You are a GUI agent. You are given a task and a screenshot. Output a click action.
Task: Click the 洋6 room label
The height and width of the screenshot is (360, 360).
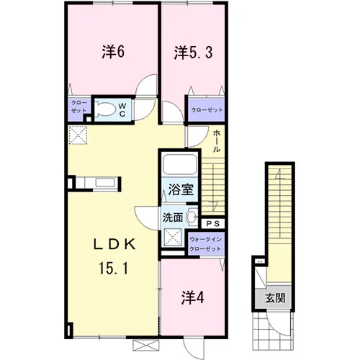click(x=113, y=52)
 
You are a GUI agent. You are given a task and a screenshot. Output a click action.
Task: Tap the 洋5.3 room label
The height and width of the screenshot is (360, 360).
click(x=193, y=53)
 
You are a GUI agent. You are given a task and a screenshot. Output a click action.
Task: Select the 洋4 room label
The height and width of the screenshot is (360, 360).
click(x=193, y=297)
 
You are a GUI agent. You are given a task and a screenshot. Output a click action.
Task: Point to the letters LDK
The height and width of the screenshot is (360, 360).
click(x=114, y=245)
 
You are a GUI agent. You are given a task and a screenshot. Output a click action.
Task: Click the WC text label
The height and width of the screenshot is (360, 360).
click(x=122, y=110)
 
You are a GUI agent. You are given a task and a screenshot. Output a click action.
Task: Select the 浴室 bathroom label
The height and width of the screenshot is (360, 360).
click(x=181, y=189)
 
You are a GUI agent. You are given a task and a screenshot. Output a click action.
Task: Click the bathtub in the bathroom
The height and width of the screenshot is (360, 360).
click(x=180, y=165)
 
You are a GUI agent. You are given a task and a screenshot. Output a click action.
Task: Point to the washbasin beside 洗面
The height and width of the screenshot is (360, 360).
click(x=192, y=217)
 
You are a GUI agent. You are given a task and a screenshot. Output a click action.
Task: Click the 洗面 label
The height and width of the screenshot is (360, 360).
click(x=173, y=217)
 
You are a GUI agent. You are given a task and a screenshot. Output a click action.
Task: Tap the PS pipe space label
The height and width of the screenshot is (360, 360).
click(x=213, y=224)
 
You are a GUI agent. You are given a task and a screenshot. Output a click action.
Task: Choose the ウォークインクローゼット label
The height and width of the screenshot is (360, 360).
click(x=205, y=243)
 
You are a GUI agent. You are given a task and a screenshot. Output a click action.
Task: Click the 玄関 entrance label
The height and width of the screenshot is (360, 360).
click(x=276, y=298)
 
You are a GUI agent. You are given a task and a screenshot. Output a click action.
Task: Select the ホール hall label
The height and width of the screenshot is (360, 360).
click(x=217, y=140)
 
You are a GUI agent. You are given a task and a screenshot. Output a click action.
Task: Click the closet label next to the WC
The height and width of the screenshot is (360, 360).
click(x=79, y=107)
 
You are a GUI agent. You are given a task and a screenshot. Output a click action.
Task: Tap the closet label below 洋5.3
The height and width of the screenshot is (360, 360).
click(x=207, y=110)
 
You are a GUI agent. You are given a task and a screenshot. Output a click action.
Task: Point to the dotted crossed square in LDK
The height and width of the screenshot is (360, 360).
click(x=78, y=135)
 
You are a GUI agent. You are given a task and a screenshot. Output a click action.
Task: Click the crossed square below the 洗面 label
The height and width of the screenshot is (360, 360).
click(x=173, y=238)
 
